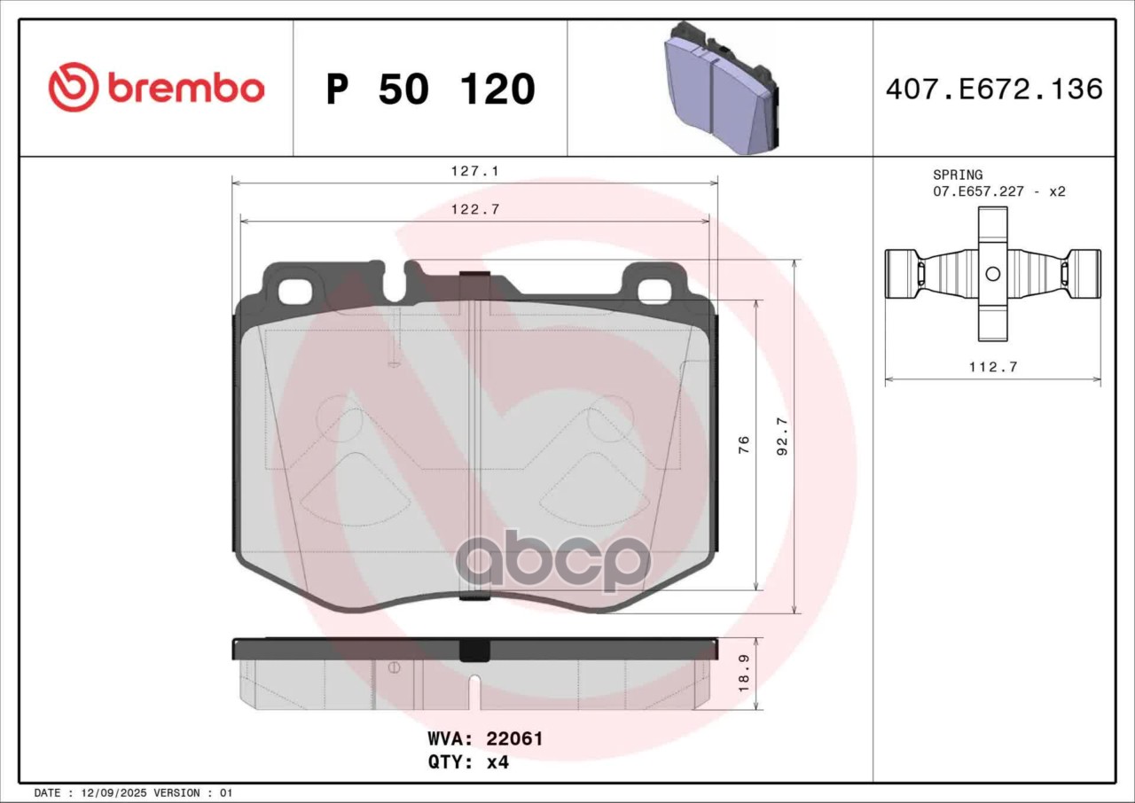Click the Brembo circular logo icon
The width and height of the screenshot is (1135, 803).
pyautogui.click(x=74, y=87)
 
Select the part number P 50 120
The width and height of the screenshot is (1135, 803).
pyautogui.click(x=431, y=90)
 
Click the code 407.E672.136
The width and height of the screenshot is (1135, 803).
pyautogui.click(x=994, y=90)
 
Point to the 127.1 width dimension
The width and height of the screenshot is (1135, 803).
pyautogui.click(x=474, y=171)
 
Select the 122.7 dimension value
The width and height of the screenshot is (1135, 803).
pyautogui.click(x=475, y=209)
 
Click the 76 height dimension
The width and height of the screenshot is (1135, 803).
pyautogui.click(x=744, y=444)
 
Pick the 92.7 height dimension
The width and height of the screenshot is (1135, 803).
pyautogui.click(x=783, y=436)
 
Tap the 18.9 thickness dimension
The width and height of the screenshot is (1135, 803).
pyautogui.click(x=744, y=673)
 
